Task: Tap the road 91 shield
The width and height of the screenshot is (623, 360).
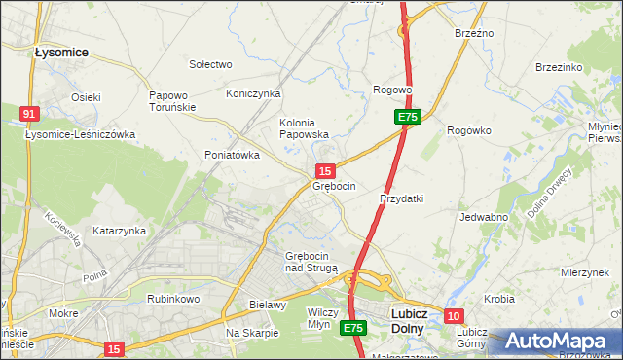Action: [29, 114]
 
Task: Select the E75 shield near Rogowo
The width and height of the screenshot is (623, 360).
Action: [408, 117]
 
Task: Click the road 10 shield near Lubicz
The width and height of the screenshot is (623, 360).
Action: [454, 316]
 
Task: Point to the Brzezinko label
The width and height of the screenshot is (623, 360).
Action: [559, 67]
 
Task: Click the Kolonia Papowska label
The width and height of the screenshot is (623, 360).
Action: [304, 128]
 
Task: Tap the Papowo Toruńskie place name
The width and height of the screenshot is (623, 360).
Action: [174, 102]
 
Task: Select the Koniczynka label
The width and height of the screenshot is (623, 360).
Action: [253, 93]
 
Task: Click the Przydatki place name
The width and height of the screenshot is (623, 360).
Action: [401, 198]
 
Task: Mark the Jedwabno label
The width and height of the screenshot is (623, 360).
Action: [484, 217]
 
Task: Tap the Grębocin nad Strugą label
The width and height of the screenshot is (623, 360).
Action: [311, 262]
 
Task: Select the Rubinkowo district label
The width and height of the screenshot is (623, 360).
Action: [172, 299]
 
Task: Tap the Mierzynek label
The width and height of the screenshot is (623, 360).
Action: [584, 273]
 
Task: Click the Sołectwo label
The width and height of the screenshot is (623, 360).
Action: [210, 64]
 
